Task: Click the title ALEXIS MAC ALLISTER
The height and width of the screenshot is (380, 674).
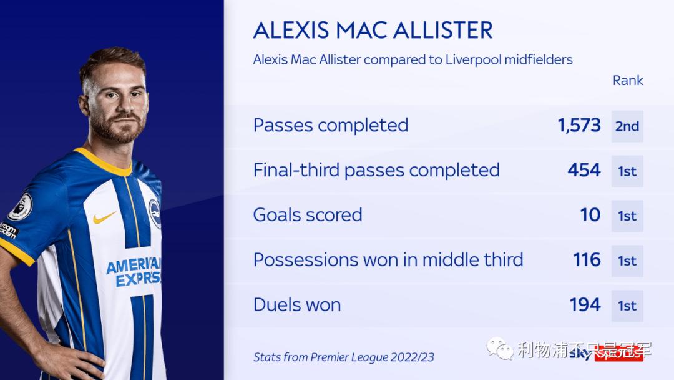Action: [x=373, y=30]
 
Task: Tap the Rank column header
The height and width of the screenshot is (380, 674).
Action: [x=628, y=81]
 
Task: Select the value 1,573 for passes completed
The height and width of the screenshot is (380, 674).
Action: [x=579, y=125]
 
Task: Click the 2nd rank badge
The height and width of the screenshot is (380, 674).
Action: [x=627, y=126]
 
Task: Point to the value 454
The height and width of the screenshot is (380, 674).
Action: [x=584, y=170]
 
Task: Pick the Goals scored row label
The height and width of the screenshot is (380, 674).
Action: [x=308, y=215]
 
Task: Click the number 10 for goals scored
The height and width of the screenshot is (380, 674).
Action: [x=590, y=215]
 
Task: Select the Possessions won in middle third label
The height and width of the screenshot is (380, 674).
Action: [x=388, y=260]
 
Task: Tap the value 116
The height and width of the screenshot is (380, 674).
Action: [x=587, y=260]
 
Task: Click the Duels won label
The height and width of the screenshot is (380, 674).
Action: [x=297, y=305]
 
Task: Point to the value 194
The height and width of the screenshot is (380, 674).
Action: [x=585, y=305]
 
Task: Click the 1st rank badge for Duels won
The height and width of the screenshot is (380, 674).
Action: [x=627, y=306]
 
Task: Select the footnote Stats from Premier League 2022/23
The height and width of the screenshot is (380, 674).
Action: [x=343, y=357]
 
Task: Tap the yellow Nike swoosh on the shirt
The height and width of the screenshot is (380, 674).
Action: [x=104, y=217]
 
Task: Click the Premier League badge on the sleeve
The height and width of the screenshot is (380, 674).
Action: [x=21, y=207]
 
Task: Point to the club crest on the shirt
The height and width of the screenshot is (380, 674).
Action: [x=154, y=214]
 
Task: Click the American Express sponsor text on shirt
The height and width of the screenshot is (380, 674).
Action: [x=134, y=272]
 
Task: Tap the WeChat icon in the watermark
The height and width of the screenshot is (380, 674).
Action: [x=500, y=349]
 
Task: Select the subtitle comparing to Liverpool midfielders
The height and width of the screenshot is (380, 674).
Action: [x=413, y=59]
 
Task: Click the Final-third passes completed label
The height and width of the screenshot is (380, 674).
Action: [x=376, y=170]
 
